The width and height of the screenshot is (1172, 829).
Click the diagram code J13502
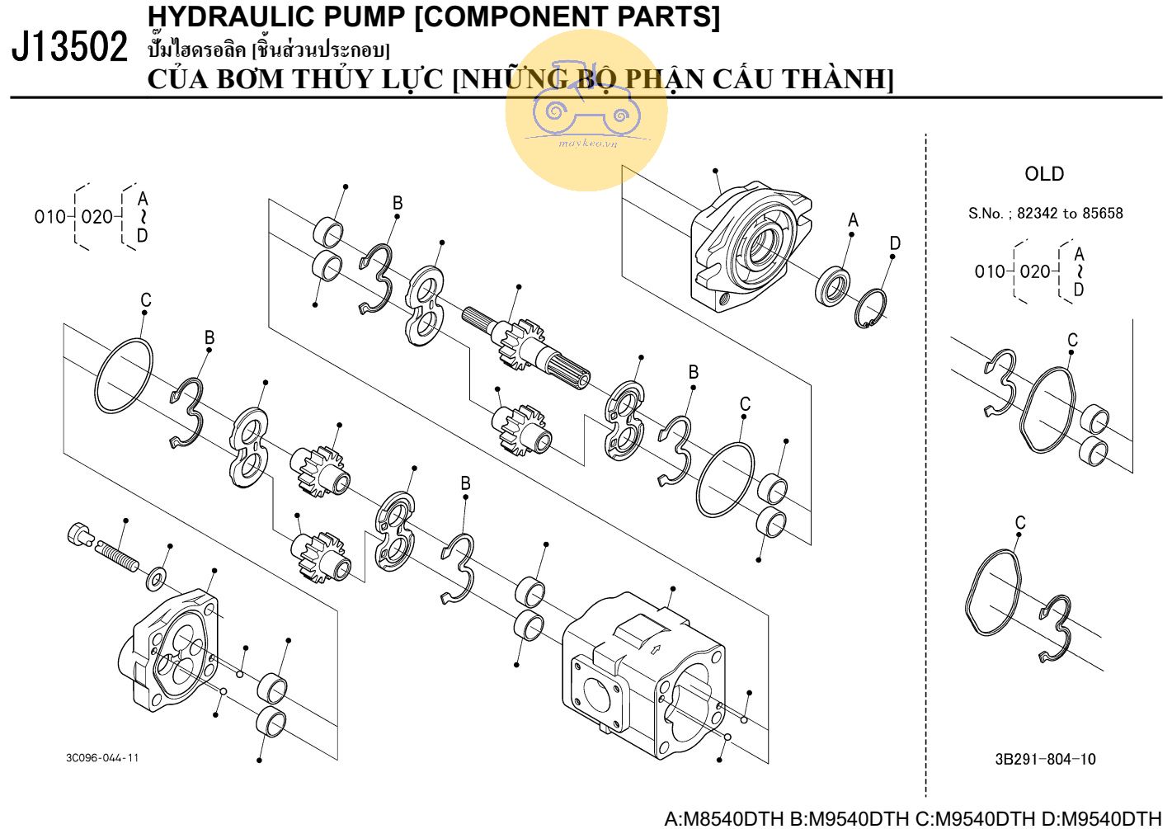69,47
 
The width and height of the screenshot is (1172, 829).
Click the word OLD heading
1043,174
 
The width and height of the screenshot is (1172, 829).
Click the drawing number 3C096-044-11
102,758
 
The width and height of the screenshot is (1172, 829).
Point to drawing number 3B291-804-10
1045,759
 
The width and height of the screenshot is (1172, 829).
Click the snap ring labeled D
871,309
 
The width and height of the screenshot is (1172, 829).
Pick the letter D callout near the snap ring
895,243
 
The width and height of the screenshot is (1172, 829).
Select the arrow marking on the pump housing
656,648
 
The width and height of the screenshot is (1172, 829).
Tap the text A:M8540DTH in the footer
724,818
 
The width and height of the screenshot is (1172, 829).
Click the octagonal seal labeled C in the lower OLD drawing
994,592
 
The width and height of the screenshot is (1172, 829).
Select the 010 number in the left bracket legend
49,217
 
